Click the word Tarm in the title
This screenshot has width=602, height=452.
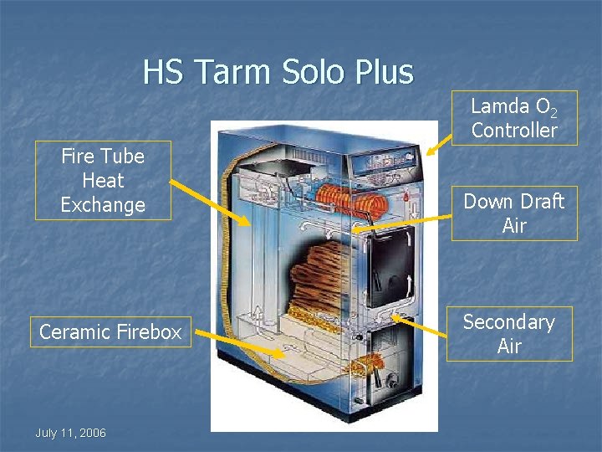pyautogui.click(x=229, y=72)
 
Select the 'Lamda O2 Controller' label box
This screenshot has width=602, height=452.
pyautogui.click(x=513, y=118)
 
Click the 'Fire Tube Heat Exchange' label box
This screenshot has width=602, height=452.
pyautogui.click(x=103, y=180)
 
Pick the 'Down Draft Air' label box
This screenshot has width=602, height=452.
pyautogui.click(x=514, y=213)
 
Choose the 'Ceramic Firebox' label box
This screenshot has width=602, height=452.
pyautogui.click(x=110, y=332)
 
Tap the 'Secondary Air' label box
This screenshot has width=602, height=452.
pyautogui.click(x=509, y=334)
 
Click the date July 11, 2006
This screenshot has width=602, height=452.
pyautogui.click(x=70, y=433)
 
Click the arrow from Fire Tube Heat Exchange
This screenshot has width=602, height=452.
pyautogui.click(x=209, y=202)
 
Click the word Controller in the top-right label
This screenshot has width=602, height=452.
pyautogui.click(x=513, y=130)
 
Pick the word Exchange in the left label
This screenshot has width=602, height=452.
pyautogui.click(x=103, y=204)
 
